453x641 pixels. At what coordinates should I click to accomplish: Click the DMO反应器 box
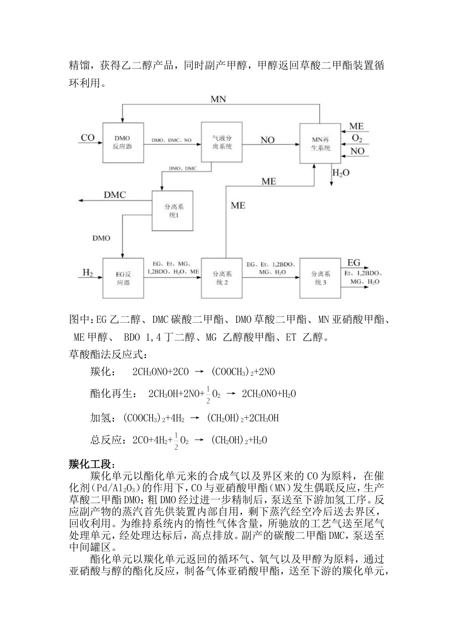coord(122,142)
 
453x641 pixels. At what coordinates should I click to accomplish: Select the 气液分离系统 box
coord(222,142)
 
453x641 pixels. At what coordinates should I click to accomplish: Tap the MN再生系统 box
coord(320,144)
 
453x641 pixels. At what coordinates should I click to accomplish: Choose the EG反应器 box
coord(123,278)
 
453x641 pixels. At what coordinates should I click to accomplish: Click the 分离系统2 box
coord(222,278)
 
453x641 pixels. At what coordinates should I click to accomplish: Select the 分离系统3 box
coord(320,278)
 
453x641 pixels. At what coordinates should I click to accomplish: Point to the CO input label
coord(88,138)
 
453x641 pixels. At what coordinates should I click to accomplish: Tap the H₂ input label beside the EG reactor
coord(88,273)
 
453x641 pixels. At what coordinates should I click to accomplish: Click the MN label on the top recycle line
coord(218,99)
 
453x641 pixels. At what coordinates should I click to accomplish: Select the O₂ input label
coord(357,139)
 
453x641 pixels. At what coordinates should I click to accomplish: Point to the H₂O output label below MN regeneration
coord(341,173)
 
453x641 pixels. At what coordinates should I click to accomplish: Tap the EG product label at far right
coord(354,263)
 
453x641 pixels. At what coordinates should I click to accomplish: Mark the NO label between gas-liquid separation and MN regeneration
coord(268,140)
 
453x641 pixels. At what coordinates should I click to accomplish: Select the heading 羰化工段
coord(92,464)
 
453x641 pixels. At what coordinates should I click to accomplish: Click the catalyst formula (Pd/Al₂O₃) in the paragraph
coord(121,487)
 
